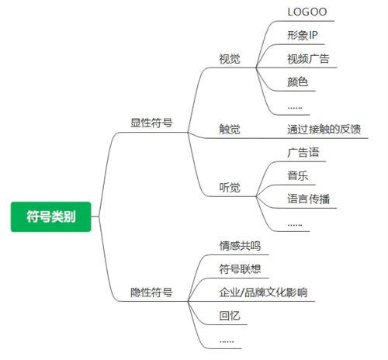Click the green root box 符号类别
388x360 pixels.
[51, 216]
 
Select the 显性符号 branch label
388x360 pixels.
[151, 123]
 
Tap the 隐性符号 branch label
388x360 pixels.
[151, 292]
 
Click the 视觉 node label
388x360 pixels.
[230, 59]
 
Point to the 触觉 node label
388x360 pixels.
[230, 129]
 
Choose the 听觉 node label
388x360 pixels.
[230, 187]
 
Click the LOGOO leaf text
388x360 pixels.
[307, 12]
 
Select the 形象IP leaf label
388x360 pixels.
[303, 35]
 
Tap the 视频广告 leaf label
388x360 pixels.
[308, 59]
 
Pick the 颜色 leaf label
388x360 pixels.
[298, 82]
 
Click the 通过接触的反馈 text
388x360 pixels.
[324, 129]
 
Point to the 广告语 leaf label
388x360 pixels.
[303, 152]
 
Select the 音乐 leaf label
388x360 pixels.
[298, 175]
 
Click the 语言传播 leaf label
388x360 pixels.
[308, 199]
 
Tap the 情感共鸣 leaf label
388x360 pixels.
[240, 246]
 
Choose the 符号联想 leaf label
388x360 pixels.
[240, 269]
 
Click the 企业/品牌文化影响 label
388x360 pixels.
[263, 292]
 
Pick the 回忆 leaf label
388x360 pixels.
[230, 316]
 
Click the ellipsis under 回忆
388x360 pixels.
[227, 341]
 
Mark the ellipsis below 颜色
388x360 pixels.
[295, 108]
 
